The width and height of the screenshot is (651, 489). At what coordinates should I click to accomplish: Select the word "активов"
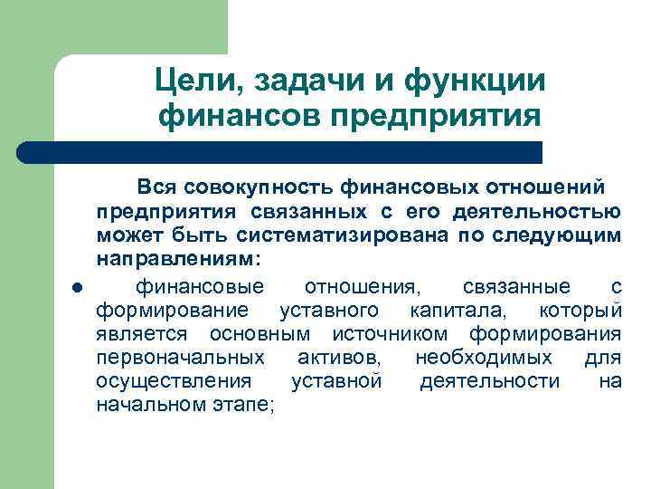point(339,359)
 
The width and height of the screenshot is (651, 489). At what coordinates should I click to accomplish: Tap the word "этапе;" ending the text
point(244,406)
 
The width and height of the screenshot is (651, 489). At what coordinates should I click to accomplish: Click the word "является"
point(138,335)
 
